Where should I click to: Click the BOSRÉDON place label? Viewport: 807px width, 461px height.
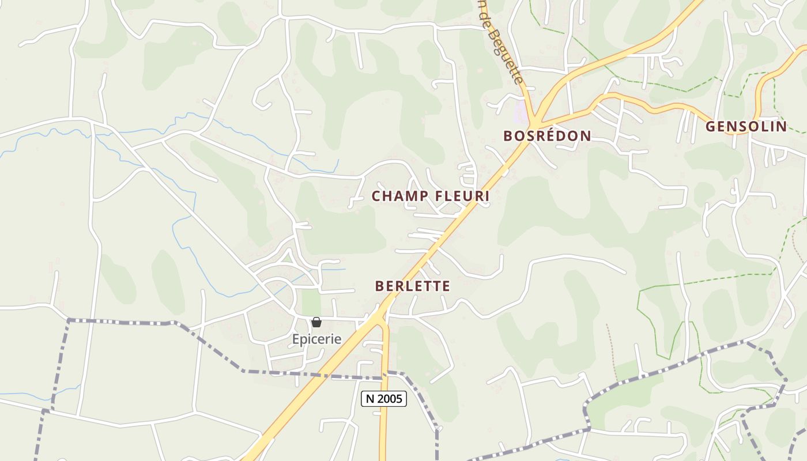pyautogui.click(x=547, y=136)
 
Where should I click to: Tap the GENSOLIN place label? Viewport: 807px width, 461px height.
pyautogui.click(x=746, y=127)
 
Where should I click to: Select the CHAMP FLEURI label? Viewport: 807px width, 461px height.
pyautogui.click(x=431, y=196)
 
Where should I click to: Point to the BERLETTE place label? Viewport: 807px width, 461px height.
pyautogui.click(x=412, y=286)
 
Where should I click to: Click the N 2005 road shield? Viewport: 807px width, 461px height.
pyautogui.click(x=384, y=398)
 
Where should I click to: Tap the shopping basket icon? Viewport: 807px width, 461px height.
pyautogui.click(x=316, y=322)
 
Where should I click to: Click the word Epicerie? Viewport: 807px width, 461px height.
pyautogui.click(x=316, y=339)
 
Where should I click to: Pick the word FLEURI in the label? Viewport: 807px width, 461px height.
pyautogui.click(x=462, y=196)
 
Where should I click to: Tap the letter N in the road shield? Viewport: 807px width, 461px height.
pyautogui.click(x=370, y=398)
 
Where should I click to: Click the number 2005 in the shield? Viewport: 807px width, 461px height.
pyautogui.click(x=390, y=398)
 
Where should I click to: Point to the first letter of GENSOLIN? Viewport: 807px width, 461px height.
pyautogui.click(x=711, y=127)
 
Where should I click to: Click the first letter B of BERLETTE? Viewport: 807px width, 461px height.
pyautogui.click(x=379, y=286)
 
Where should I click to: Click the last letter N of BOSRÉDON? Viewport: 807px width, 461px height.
pyautogui.click(x=586, y=136)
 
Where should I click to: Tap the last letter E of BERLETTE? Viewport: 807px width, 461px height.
pyautogui.click(x=446, y=286)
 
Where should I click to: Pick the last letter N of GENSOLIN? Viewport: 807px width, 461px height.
pyautogui.click(x=782, y=127)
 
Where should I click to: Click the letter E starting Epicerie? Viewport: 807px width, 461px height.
pyautogui.click(x=296, y=339)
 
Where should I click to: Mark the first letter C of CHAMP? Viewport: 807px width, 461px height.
pyautogui.click(x=376, y=196)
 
